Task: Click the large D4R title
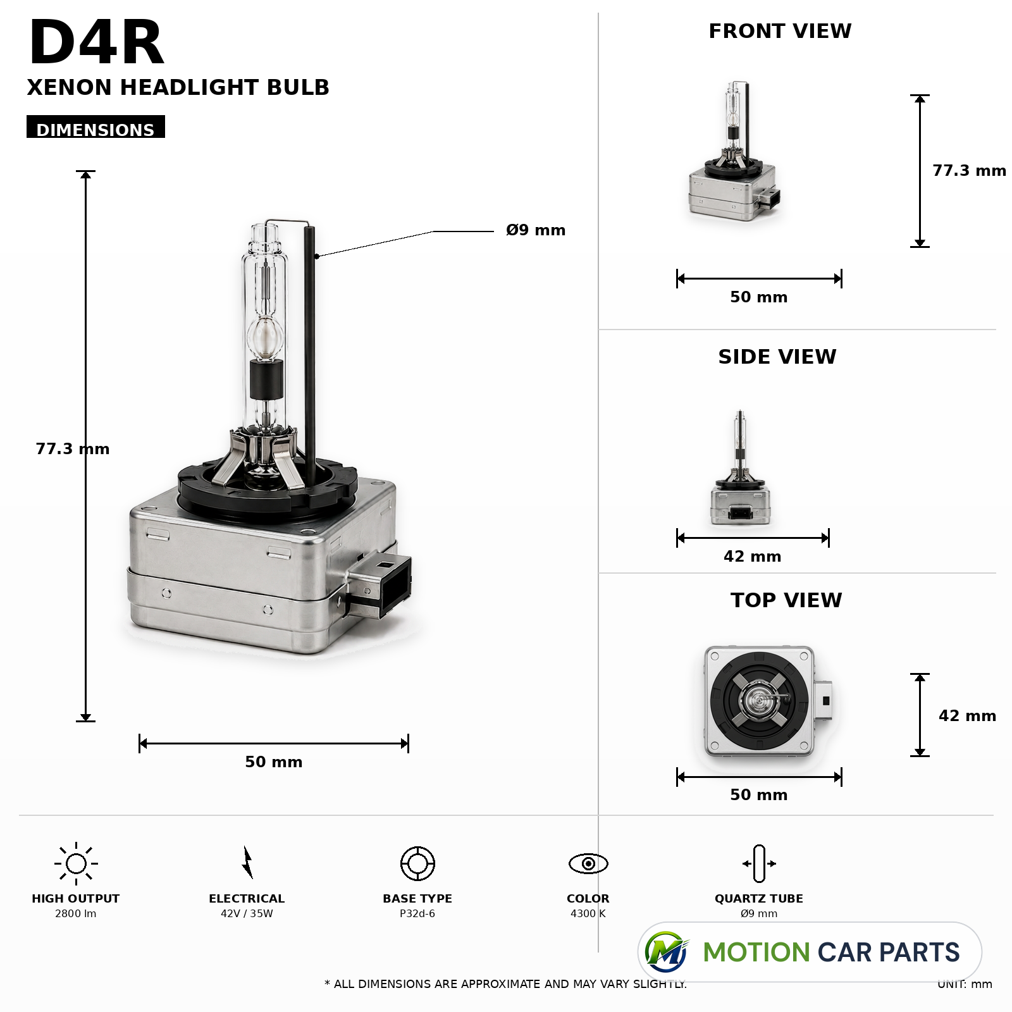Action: pos(96,43)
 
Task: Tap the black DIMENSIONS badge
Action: pos(96,126)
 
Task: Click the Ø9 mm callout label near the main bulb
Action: pos(536,230)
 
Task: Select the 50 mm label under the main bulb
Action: pos(274,762)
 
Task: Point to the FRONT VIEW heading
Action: pos(780,31)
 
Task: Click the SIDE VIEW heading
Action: pos(777,357)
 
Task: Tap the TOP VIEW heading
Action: pos(786,600)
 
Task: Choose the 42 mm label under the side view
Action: pos(753,557)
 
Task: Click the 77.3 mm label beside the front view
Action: pos(969,171)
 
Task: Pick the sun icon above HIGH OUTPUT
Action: pos(76,863)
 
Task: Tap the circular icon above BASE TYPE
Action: pos(417,863)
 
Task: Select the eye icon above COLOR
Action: pos(588,863)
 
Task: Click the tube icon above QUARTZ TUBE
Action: pos(759,863)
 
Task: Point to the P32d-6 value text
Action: pos(417,913)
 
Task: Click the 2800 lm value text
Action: pos(76,913)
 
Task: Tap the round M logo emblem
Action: pos(667,952)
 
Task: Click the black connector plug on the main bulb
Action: pos(380,584)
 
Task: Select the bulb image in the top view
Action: pos(767,701)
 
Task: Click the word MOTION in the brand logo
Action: pos(756,953)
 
